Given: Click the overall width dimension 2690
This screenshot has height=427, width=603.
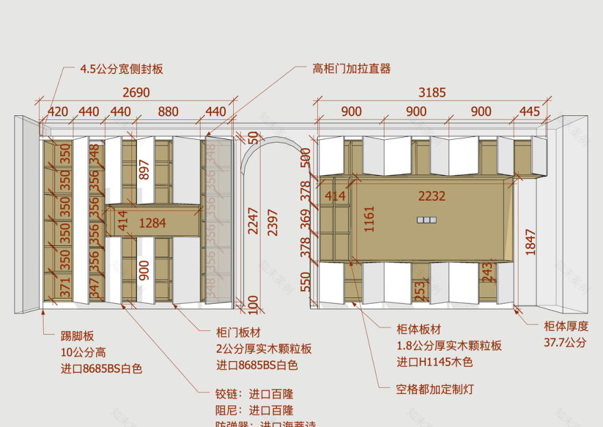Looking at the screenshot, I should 136,93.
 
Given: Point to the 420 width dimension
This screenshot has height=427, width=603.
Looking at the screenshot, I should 57,112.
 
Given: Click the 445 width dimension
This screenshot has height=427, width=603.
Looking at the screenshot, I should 529,112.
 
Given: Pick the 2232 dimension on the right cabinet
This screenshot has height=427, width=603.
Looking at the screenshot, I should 432,196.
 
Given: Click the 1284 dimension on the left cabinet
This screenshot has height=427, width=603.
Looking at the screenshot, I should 152,223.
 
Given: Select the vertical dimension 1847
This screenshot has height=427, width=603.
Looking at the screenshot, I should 530,241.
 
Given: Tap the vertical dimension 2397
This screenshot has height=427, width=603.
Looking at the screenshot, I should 272,222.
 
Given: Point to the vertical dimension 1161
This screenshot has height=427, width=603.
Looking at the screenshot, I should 369,218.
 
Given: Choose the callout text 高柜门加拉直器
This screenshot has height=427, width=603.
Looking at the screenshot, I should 352,69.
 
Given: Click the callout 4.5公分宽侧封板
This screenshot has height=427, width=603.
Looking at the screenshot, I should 121,69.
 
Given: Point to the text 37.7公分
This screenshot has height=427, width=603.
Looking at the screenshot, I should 565,342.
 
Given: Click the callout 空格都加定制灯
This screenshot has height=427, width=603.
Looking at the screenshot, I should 435,389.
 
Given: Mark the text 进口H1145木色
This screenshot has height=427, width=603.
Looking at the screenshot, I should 434,363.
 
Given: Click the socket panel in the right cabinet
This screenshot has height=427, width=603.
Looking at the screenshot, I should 426,220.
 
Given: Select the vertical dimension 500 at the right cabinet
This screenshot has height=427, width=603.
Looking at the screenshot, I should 306,156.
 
